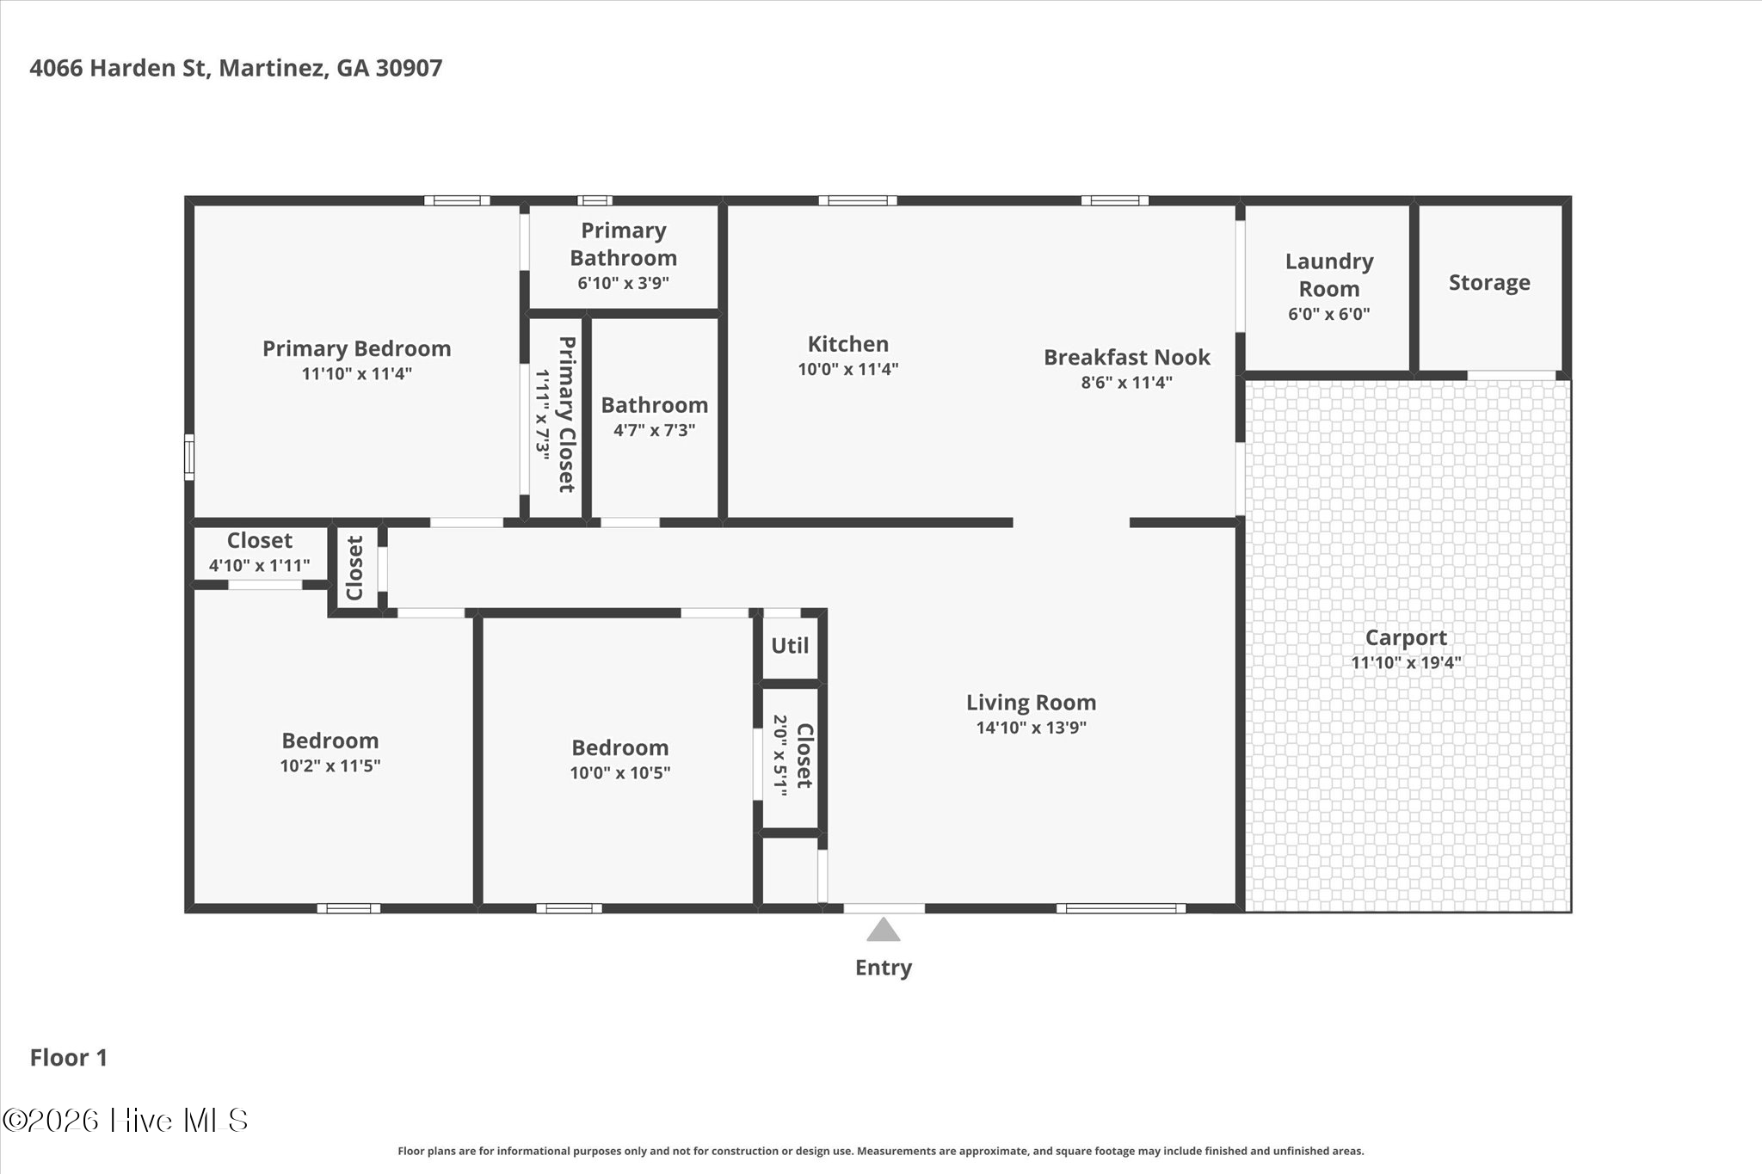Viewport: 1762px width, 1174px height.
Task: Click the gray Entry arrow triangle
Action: (x=883, y=930)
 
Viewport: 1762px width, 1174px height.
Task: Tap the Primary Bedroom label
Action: (x=357, y=348)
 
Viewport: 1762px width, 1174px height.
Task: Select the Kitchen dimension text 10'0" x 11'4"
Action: (x=848, y=369)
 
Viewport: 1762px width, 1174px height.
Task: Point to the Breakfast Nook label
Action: (x=1127, y=357)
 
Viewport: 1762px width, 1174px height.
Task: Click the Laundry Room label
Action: (x=1329, y=274)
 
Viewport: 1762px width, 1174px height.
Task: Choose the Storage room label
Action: (x=1489, y=283)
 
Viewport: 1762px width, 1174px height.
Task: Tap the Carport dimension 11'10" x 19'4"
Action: (x=1407, y=662)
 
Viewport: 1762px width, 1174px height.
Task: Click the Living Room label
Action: (x=1032, y=703)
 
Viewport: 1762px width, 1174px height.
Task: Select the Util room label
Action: (x=790, y=645)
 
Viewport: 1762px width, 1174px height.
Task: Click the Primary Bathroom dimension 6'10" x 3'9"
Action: (x=624, y=283)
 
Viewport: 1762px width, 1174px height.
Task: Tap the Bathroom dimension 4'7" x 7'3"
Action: (x=655, y=430)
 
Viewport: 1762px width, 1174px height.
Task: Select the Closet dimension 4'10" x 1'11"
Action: (x=260, y=566)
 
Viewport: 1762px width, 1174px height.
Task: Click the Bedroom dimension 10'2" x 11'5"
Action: (x=330, y=765)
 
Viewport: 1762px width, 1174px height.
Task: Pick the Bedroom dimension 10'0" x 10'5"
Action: (x=620, y=772)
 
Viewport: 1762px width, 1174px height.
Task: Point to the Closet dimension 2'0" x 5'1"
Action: (x=780, y=756)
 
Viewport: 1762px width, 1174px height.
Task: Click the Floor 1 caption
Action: (x=69, y=1058)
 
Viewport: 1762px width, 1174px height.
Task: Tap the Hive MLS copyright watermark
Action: (x=126, y=1120)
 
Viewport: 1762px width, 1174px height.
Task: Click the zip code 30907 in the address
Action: (x=409, y=68)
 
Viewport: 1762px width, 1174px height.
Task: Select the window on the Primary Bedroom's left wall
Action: (x=189, y=457)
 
